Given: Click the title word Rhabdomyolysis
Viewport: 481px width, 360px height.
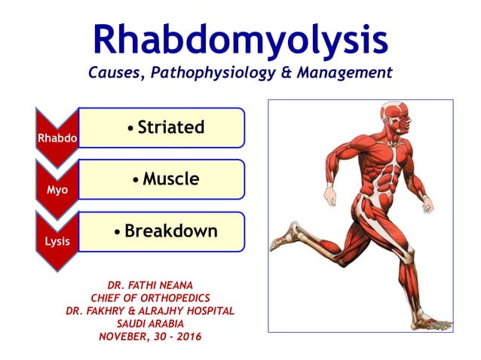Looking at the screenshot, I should click(240, 39).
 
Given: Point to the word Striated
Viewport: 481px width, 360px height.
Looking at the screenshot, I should click(170, 127).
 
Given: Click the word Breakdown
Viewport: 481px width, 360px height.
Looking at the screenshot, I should click(170, 231).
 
